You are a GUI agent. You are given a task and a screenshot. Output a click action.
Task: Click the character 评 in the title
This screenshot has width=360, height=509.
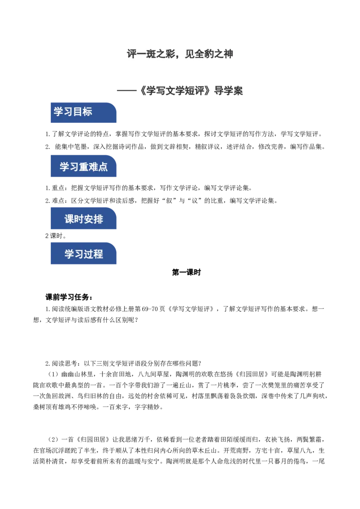point(132,54)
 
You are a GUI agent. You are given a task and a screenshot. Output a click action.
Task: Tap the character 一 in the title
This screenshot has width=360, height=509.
point(144,54)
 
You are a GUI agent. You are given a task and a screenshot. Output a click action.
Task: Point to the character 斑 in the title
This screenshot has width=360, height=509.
point(155,54)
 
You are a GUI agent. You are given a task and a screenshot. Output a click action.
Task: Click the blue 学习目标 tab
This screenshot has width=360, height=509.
point(84,112)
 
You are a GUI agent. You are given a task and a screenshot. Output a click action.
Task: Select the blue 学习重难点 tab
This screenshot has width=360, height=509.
point(84,167)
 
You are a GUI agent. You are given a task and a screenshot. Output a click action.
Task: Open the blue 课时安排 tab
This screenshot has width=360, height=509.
point(84,219)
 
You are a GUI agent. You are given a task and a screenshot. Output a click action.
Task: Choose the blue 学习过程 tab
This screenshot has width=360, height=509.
point(84,254)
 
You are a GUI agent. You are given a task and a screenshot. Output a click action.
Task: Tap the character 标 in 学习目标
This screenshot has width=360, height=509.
point(87,112)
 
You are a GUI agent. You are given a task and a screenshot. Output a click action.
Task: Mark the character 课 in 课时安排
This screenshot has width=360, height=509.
point(69,219)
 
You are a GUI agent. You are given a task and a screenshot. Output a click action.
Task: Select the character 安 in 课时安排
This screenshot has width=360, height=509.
point(89,219)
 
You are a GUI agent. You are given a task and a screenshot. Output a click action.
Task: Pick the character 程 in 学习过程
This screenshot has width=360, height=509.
point(98,254)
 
